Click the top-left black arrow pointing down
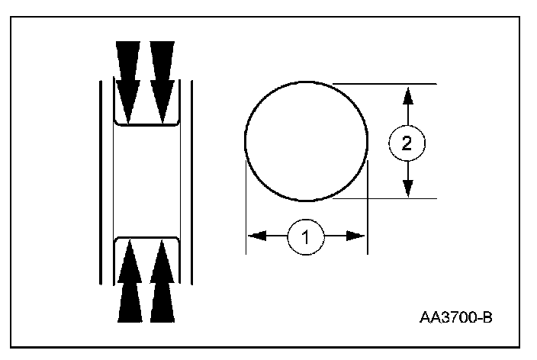coord(129,76)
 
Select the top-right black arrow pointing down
coord(162,76)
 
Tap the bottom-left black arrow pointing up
coord(129,282)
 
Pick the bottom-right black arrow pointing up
coord(162,282)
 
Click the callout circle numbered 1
coord(306,236)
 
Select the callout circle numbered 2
coord(407,143)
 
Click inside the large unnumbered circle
coord(305,141)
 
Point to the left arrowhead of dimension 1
coord(256,236)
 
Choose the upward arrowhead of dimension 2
coord(408,95)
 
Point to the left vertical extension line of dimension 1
coord(246,206)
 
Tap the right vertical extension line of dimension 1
coord(368,206)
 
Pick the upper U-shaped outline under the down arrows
coord(146,122)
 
